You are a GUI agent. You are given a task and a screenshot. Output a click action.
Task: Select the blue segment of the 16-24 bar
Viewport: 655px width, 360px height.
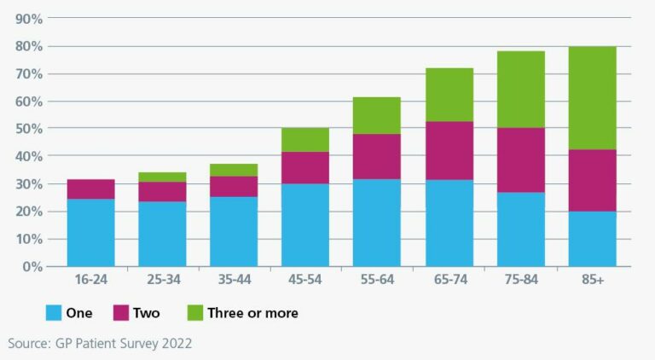pyautogui.click(x=90, y=232)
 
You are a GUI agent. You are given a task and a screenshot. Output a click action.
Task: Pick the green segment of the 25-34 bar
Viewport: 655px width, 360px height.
pyautogui.click(x=162, y=177)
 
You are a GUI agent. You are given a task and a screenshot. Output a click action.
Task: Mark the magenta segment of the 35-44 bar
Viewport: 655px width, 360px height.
pyautogui.click(x=234, y=187)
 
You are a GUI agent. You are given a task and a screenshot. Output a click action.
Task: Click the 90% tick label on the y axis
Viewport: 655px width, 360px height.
pyautogui.click(x=29, y=19)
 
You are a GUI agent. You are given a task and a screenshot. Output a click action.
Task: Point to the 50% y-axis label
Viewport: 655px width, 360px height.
pyautogui.click(x=29, y=129)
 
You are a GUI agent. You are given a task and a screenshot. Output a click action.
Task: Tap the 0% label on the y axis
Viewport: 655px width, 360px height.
pyautogui.click(x=32, y=266)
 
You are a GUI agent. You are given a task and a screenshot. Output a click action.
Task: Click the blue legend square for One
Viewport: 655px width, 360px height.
pyautogui.click(x=53, y=313)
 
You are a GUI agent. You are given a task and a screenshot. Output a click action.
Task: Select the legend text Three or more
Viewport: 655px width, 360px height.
pyautogui.click(x=252, y=313)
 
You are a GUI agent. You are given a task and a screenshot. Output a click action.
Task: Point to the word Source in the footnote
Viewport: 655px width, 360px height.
pyautogui.click(x=29, y=344)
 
